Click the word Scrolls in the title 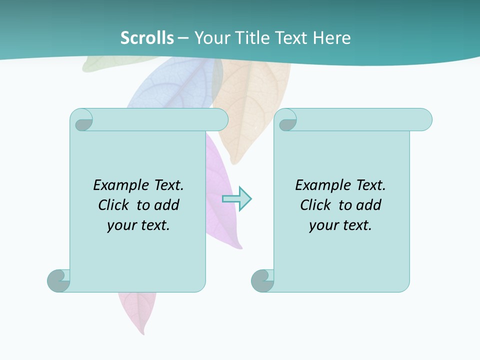pos(147,38)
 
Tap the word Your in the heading pos(211,38)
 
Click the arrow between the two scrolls pos(237,198)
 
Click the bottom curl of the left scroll pos(58,280)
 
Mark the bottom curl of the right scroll pos(262,280)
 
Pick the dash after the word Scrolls pos(183,38)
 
